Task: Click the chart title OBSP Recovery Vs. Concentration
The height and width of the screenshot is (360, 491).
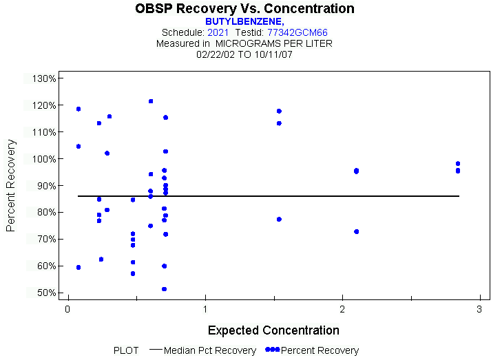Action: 245,9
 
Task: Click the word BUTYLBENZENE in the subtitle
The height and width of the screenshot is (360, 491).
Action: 244,22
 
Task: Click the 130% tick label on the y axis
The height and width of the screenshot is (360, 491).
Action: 43,78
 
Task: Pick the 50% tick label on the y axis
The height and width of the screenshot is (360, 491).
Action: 45,293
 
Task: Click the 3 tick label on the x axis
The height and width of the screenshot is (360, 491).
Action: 479,309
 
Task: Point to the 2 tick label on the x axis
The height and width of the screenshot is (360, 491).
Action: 342,309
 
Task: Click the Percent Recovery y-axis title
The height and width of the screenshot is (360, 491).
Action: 11,185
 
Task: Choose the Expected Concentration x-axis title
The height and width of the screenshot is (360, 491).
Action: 273,330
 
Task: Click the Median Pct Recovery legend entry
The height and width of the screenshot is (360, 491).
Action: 210,350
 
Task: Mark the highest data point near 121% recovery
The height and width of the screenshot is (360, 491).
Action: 151,101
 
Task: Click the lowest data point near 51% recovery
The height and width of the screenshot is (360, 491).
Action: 164,289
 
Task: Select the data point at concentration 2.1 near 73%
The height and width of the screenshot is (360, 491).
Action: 356,231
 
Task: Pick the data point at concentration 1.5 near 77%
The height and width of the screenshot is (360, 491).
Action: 279,219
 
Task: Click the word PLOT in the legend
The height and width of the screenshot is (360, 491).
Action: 126,350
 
